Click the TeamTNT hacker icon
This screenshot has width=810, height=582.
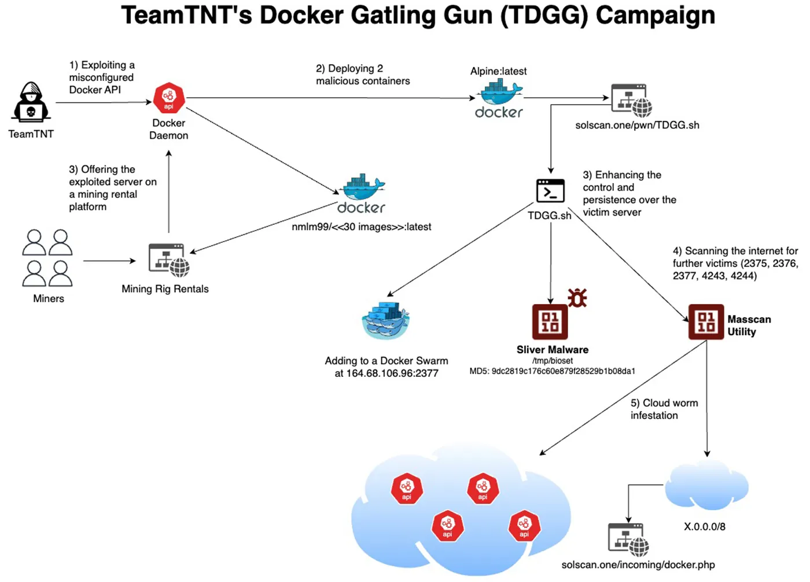point(31,102)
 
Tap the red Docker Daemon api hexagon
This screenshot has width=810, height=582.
point(169,98)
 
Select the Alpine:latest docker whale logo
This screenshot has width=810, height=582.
point(499,99)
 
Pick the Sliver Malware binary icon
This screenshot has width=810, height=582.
point(550,321)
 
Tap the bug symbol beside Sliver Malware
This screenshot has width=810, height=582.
point(577,297)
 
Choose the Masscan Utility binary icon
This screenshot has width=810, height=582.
point(706,322)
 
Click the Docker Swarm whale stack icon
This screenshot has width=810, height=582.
point(385,320)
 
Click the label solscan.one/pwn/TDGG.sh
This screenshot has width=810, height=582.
point(637,125)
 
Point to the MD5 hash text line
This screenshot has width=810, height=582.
point(552,371)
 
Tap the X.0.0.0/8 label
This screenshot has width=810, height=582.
point(704,527)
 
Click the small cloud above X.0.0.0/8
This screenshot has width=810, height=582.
point(707,485)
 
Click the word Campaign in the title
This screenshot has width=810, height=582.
point(655,16)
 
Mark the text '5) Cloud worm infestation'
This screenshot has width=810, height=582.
point(664,409)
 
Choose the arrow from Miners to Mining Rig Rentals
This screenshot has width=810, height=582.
point(109,261)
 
